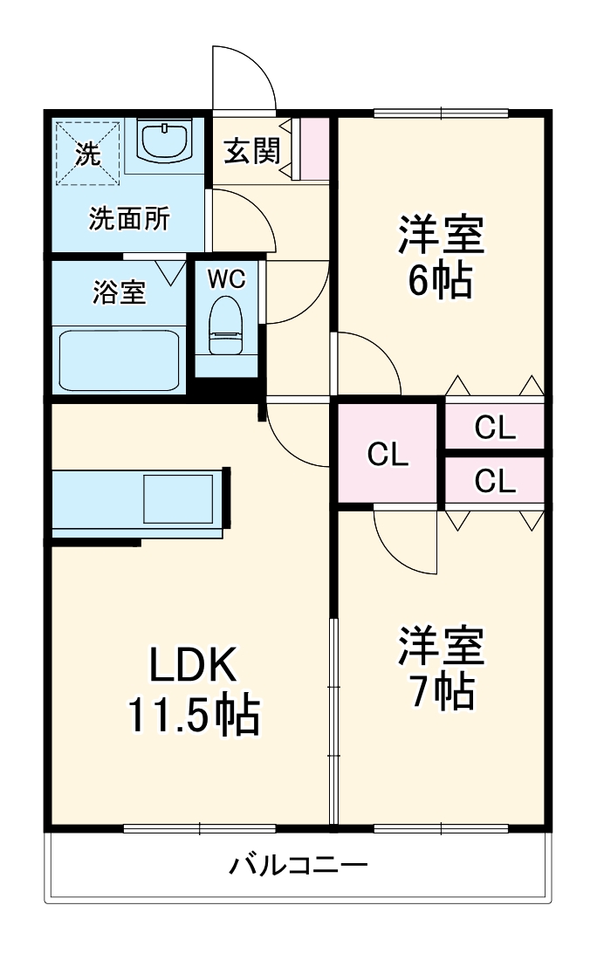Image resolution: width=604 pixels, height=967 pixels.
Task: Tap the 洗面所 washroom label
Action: point(129,218)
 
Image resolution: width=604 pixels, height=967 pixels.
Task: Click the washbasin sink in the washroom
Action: point(165,141)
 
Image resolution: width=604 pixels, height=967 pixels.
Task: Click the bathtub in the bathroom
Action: point(119,360)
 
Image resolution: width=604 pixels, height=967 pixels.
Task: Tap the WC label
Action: point(226,279)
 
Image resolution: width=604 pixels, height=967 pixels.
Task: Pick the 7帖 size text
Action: point(442,692)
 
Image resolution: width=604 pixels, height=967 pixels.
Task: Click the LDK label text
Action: point(192,669)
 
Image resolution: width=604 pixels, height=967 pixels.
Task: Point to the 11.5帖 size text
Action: point(194,716)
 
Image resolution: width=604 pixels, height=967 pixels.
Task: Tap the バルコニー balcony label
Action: point(299,866)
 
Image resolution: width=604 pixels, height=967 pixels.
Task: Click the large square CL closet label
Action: point(388,454)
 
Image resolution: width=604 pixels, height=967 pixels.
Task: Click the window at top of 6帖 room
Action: point(441,112)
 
